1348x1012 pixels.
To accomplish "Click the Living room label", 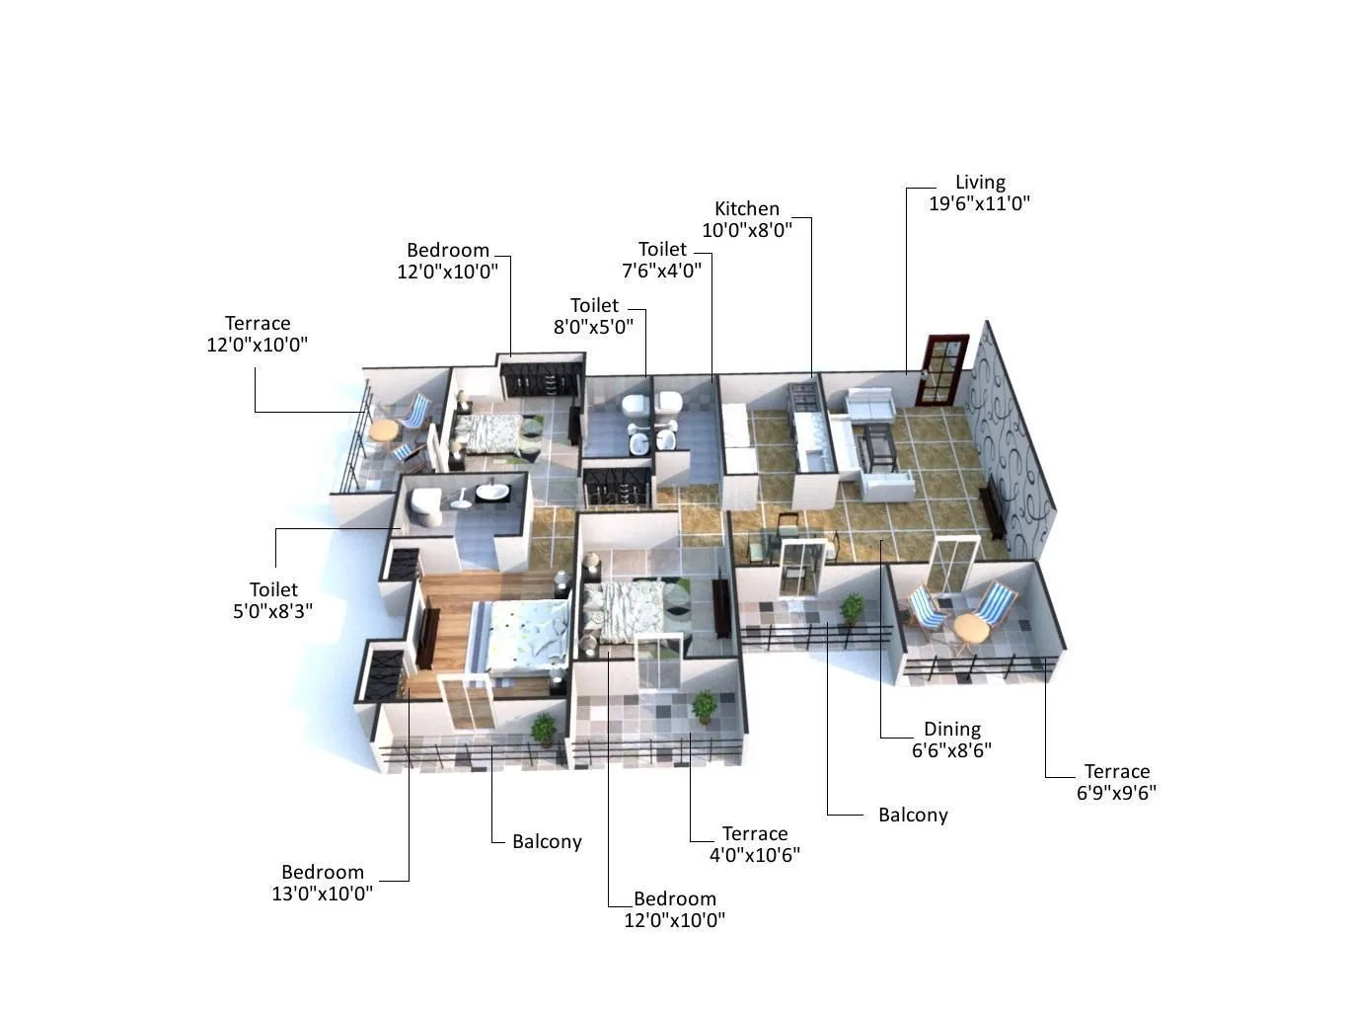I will click(979, 183).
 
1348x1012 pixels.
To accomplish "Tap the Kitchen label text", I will click(747, 209).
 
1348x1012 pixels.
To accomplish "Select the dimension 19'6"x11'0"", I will click(979, 204).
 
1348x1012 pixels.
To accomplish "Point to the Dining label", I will click(952, 730).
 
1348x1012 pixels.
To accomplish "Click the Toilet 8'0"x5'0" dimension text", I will click(593, 327).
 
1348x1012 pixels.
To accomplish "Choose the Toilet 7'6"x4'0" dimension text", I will click(661, 271).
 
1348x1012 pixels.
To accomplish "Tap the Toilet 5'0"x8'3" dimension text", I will click(272, 611).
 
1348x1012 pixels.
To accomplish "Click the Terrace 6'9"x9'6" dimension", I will click(1116, 793).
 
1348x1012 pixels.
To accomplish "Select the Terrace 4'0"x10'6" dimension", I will click(754, 855).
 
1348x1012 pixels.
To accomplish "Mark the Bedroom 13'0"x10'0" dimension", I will click(323, 894).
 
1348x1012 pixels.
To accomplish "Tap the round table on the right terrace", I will click(970, 628).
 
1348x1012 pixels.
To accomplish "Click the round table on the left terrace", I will click(383, 430).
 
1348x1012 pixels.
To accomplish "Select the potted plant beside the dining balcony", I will click(851, 607).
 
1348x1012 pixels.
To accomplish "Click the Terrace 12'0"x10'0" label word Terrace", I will click(258, 324).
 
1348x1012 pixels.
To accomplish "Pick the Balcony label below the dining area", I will click(913, 816).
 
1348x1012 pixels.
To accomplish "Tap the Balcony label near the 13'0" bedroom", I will click(547, 842).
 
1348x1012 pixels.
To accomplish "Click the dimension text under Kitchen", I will click(747, 231).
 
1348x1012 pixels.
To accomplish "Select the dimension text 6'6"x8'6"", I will click(952, 750).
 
